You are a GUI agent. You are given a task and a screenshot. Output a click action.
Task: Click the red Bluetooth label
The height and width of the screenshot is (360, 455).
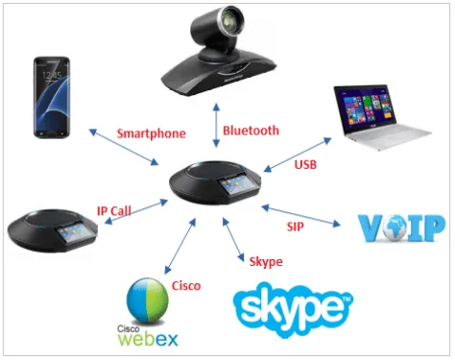point(251,131)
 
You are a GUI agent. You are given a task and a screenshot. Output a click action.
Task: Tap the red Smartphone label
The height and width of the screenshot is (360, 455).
point(152,133)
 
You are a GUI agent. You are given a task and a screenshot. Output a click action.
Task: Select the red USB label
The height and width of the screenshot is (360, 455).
point(305,164)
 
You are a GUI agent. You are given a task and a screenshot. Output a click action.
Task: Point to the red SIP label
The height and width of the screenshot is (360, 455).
point(295,227)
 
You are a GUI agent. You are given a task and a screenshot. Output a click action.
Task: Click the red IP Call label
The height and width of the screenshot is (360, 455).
point(114,211)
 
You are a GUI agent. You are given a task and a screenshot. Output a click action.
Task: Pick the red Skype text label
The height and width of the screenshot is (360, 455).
point(266,262)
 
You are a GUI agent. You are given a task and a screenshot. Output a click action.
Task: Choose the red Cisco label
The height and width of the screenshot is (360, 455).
point(186,286)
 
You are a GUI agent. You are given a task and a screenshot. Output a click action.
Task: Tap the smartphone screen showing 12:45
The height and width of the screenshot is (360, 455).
point(52,97)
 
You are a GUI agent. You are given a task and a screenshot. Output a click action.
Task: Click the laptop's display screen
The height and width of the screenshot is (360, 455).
point(368,109)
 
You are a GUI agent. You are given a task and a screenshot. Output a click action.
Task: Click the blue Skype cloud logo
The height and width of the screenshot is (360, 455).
point(293,309)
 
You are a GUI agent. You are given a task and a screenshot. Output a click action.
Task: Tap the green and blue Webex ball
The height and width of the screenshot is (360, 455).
point(148,300)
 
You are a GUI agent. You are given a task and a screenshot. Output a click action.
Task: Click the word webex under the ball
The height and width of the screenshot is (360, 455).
point(148,339)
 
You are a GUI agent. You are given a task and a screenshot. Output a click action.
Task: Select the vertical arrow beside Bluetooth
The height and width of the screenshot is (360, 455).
point(217,125)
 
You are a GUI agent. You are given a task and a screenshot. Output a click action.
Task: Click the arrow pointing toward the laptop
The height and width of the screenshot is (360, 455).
point(298,155)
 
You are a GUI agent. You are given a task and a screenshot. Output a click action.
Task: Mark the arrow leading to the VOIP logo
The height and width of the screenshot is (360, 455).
point(300,216)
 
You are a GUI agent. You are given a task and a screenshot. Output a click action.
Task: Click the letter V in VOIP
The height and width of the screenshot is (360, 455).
point(371,228)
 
